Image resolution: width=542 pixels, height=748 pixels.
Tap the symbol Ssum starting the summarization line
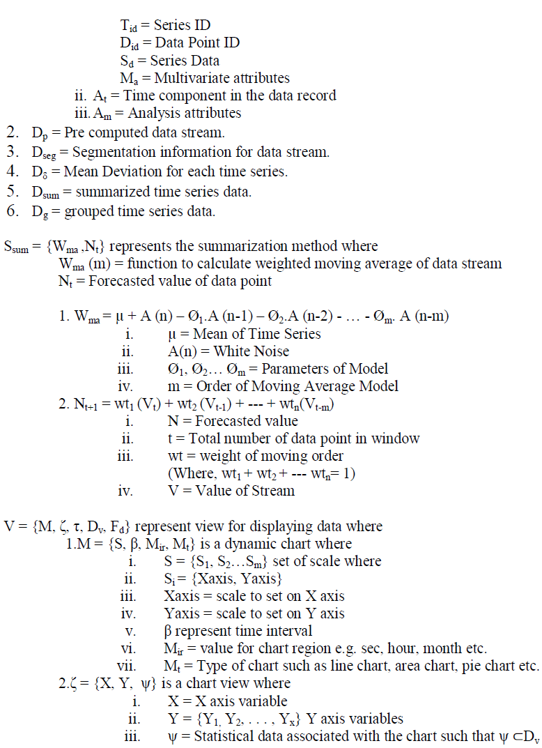click(x=17, y=247)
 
